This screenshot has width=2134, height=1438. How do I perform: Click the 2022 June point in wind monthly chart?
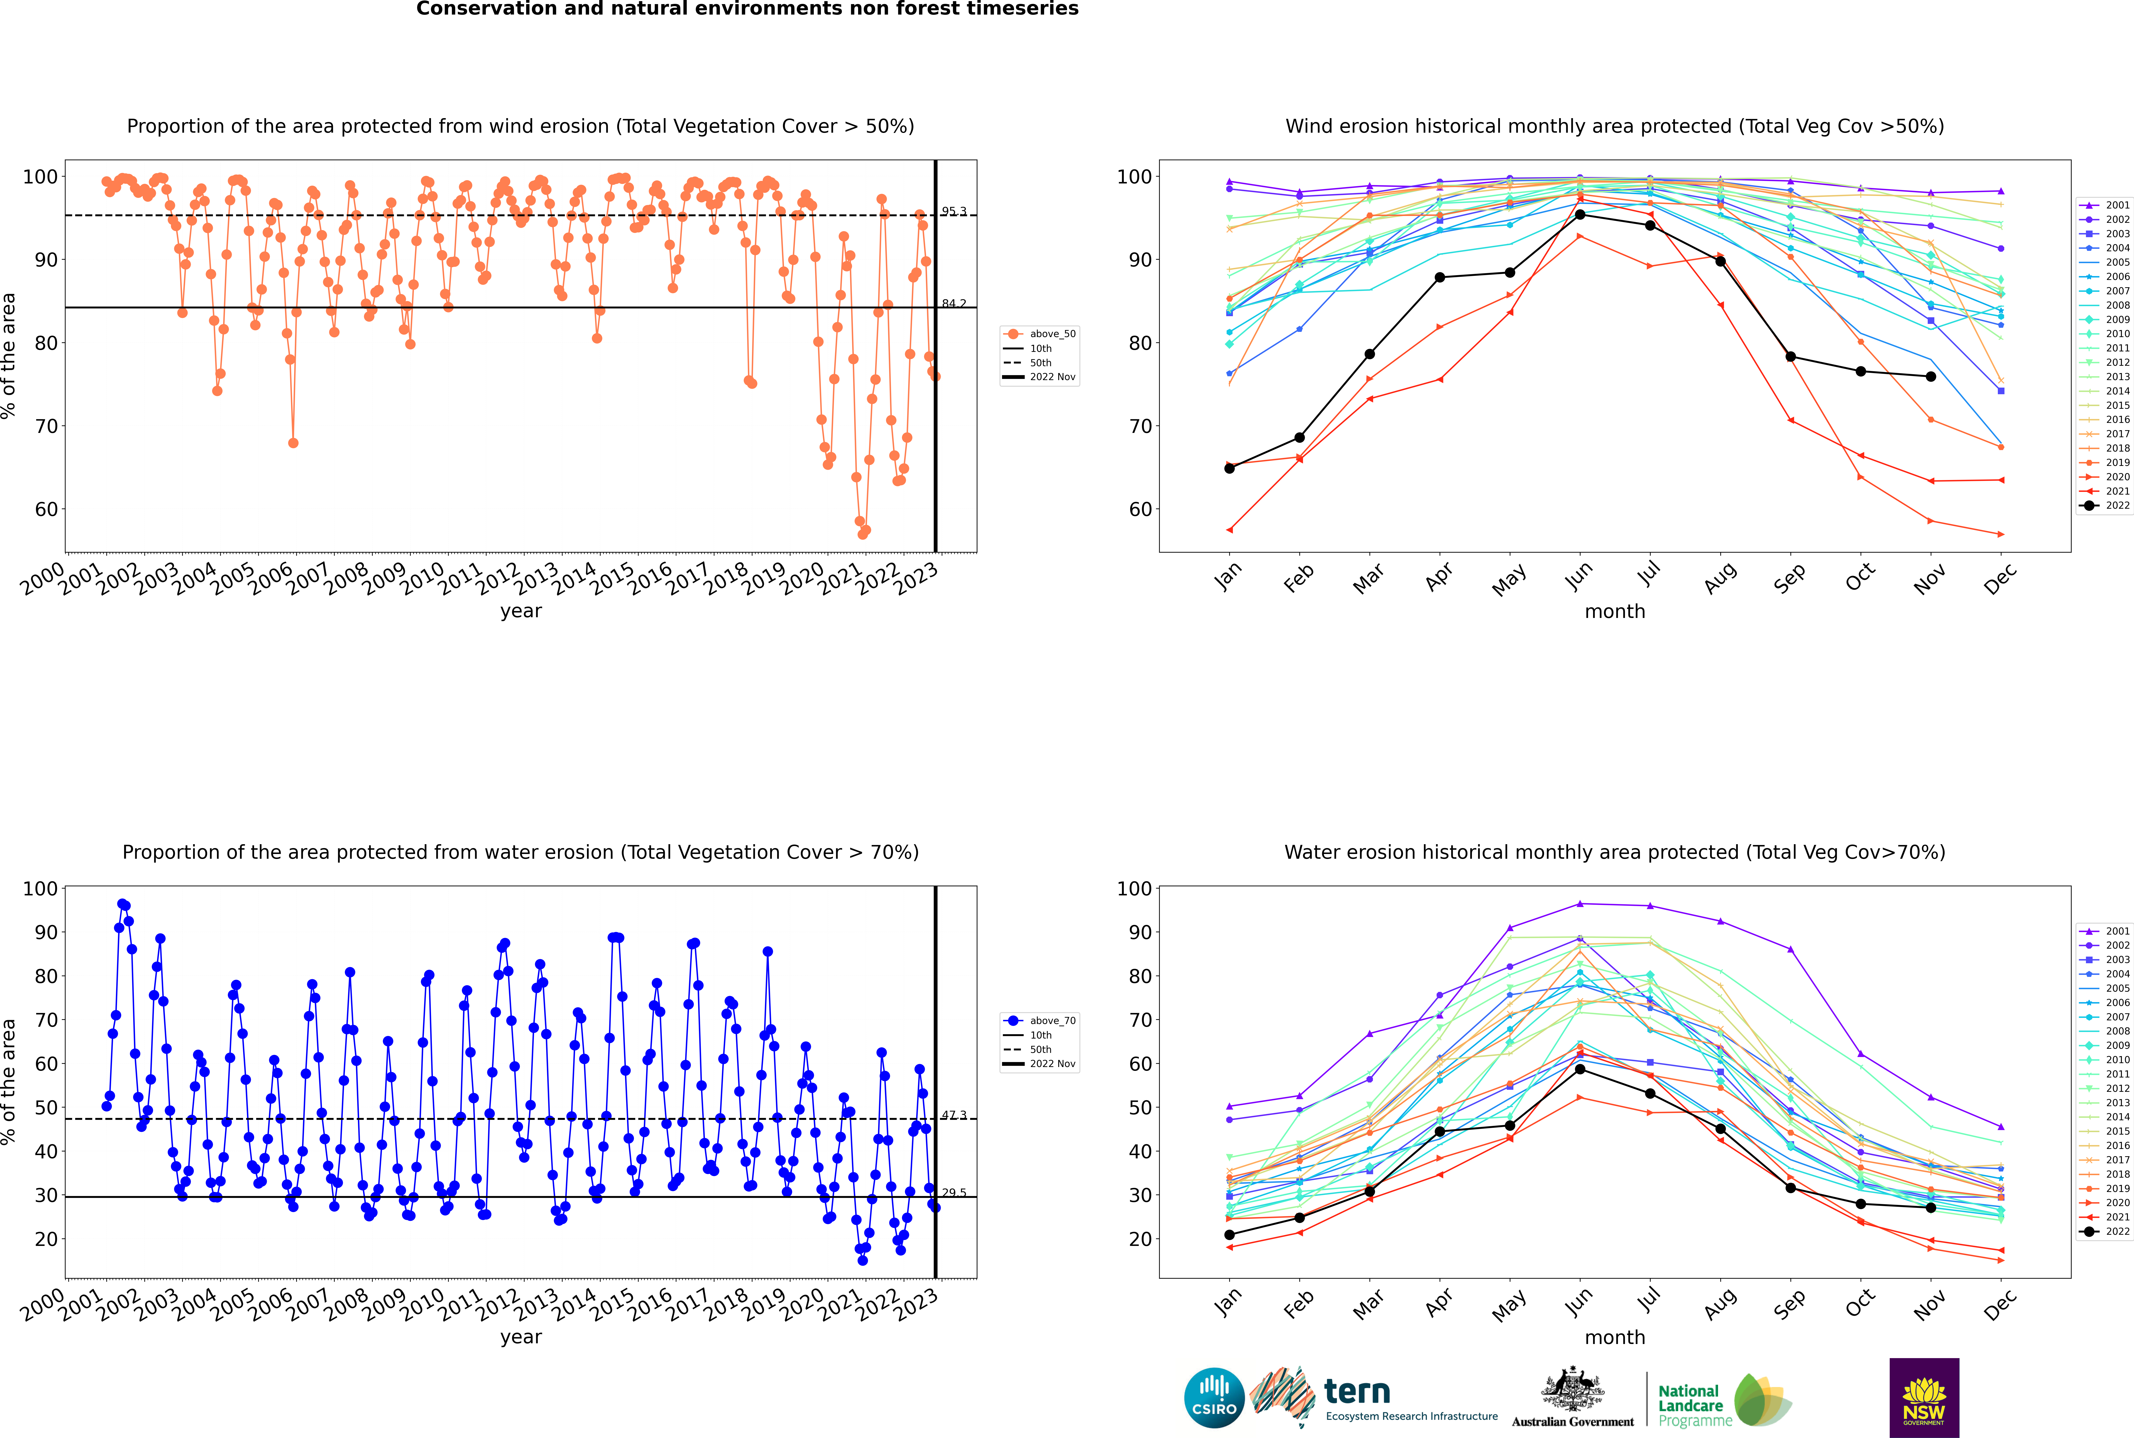[x=1580, y=215]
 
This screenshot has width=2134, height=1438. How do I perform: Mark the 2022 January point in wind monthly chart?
[x=1229, y=469]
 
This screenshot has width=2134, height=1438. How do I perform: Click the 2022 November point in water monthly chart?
[x=1931, y=1208]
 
